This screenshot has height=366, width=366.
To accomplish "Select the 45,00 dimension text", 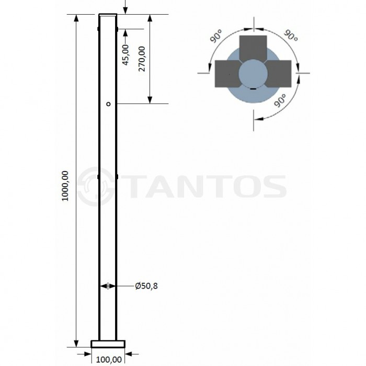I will coord(125,54).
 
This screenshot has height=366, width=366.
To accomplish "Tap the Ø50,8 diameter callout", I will coord(146,286).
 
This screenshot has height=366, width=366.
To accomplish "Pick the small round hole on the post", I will coord(108,104).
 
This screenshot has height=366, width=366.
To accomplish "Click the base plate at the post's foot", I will coord(108,344).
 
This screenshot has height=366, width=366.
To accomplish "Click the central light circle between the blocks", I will coord(253,74).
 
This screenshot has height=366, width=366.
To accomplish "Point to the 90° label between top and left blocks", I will coord(216,38).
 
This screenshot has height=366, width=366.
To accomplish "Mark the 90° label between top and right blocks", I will coord(291,37).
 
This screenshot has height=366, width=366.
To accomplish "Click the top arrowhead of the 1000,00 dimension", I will coord(77,19).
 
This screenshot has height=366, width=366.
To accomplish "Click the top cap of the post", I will coord(108,15).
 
